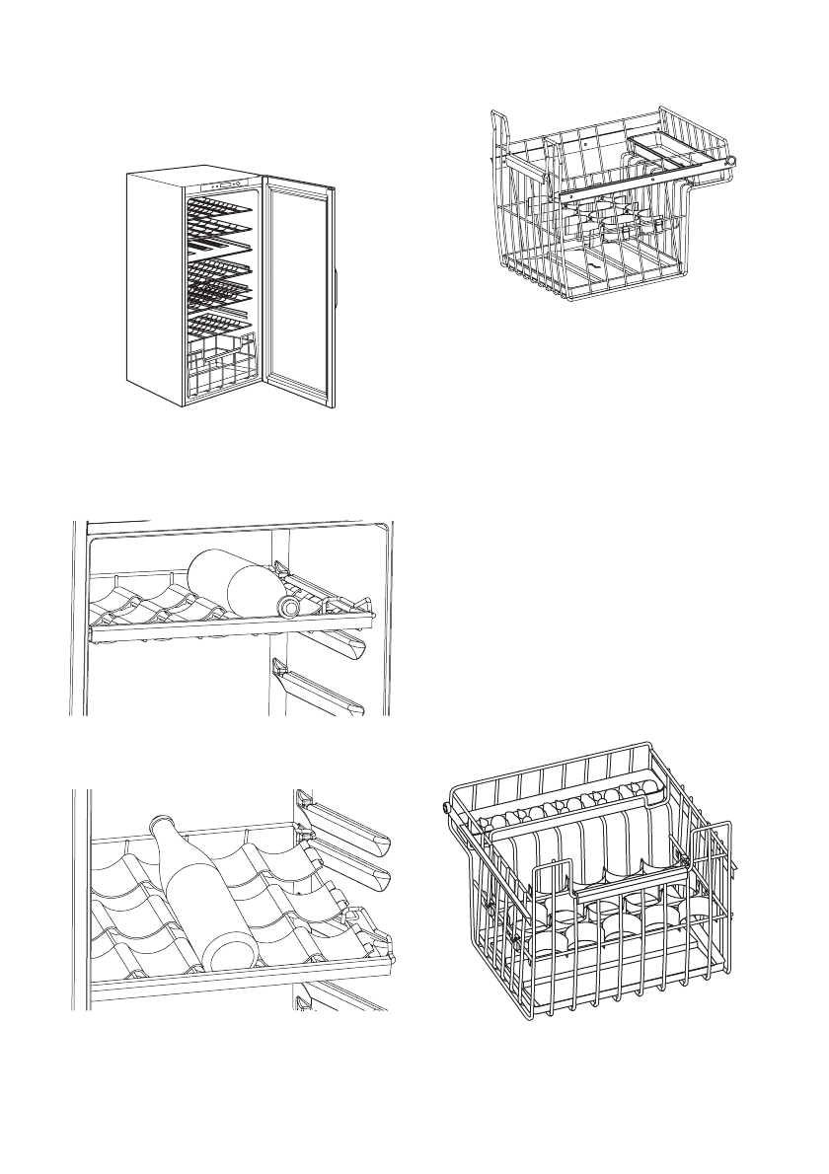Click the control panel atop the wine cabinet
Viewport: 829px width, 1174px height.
(x=224, y=184)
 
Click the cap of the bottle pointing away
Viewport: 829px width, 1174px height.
(x=158, y=825)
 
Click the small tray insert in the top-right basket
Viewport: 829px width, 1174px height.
(x=671, y=148)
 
